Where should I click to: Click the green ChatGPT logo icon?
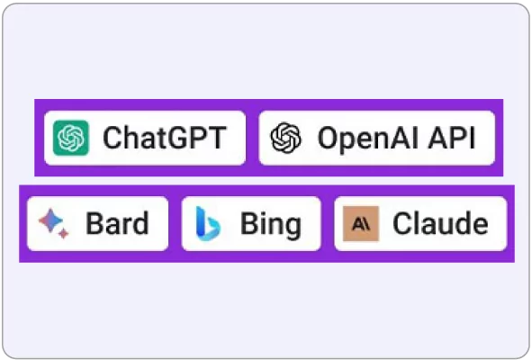(x=71, y=138)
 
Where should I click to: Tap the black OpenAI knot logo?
(x=285, y=138)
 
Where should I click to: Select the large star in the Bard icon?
(x=50, y=220)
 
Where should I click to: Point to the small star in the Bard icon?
(x=63, y=233)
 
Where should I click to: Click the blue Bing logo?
(x=208, y=223)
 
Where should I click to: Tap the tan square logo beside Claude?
(x=361, y=223)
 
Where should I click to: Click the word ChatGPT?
(x=165, y=138)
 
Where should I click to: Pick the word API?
(x=452, y=138)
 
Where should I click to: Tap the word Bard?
(x=117, y=223)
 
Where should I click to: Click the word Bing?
(x=271, y=224)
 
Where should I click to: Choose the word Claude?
(x=440, y=223)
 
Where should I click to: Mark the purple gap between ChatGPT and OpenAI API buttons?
(x=252, y=138)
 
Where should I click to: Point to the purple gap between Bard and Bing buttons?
(x=175, y=223)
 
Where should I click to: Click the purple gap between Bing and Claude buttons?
(x=328, y=223)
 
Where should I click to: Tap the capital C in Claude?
(x=402, y=223)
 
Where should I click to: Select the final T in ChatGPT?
(x=216, y=138)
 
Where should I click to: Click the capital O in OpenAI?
(x=329, y=138)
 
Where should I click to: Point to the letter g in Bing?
(x=291, y=228)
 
